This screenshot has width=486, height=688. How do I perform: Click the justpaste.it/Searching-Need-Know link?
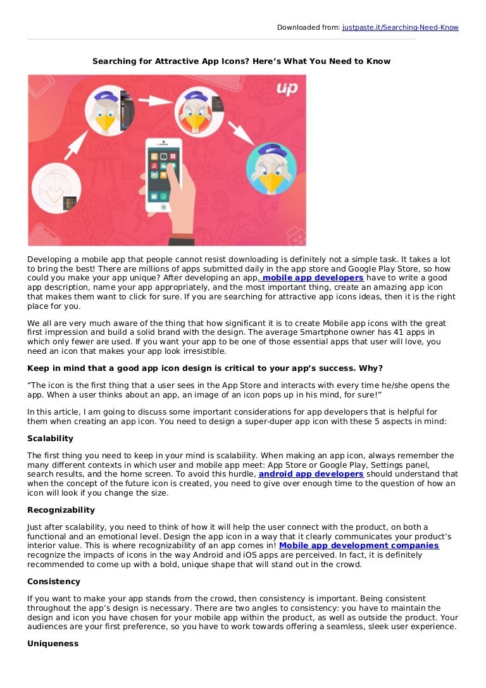400,27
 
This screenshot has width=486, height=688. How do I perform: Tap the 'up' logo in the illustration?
287,89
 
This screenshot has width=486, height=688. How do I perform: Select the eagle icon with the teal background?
271,168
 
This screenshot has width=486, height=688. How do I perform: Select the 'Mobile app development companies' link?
359,546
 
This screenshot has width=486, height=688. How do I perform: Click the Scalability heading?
50,438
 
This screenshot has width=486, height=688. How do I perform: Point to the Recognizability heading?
61,510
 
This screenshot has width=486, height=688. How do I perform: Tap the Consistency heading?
54,581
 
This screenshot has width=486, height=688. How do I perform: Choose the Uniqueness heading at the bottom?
53,643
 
